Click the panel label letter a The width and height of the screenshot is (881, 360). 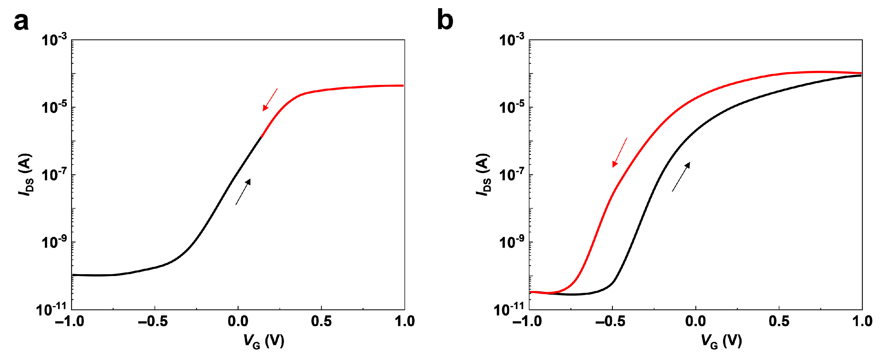(x=21, y=23)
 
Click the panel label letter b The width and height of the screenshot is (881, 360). (x=445, y=20)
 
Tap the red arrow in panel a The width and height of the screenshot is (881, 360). (x=270, y=100)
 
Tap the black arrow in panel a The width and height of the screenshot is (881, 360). (x=243, y=192)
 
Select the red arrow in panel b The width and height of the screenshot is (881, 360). (x=619, y=152)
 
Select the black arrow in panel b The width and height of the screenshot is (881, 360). (x=681, y=177)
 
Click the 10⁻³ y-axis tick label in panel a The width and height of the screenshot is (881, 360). (x=54, y=40)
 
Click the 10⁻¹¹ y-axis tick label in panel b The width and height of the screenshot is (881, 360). (x=509, y=310)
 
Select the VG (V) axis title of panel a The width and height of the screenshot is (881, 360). (x=264, y=341)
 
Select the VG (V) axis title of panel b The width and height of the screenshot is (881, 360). (x=721, y=341)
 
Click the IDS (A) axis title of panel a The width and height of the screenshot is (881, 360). (x=26, y=175)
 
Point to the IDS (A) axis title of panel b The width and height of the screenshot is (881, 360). (x=483, y=175)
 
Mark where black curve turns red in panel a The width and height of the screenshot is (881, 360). (x=261, y=137)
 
